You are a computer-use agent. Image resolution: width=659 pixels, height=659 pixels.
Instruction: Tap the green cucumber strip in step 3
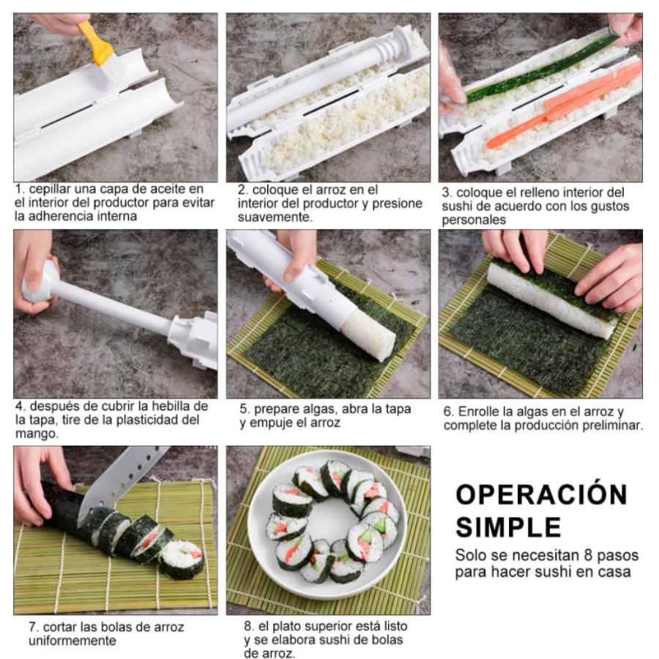pos(542,69)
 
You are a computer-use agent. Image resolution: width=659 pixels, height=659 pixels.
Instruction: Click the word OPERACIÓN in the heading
pos(541,494)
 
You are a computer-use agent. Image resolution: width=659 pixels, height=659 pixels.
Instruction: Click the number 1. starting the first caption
pos(20,190)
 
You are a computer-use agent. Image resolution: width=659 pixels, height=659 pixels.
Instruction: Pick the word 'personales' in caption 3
pos(474,220)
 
